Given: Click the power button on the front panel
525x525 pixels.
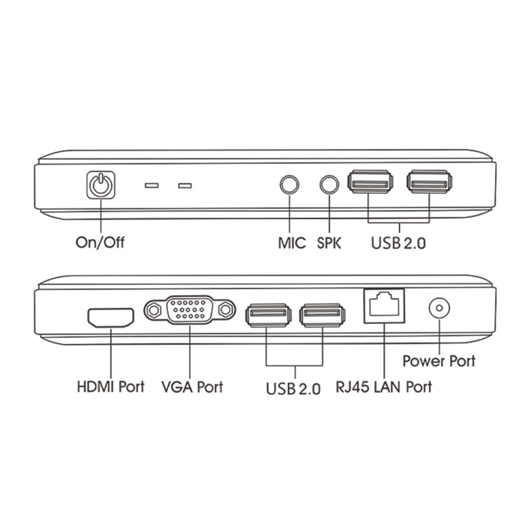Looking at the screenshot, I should tap(101, 185).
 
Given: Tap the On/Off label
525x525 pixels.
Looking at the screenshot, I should tap(100, 243).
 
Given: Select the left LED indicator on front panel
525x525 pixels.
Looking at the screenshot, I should tap(151, 186).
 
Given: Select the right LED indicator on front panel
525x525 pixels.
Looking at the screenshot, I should tap(185, 186).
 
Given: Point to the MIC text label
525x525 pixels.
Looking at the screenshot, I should tap(292, 243).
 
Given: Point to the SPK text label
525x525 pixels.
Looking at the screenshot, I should tap(331, 243).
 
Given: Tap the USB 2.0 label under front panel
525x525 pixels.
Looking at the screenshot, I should tap(400, 243).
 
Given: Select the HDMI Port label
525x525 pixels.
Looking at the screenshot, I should tap(111, 386).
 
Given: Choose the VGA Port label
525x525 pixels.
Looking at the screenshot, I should tap(192, 386).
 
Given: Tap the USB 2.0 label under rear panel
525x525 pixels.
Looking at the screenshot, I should tap(293, 388).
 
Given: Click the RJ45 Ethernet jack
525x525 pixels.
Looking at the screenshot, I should tap(384, 307).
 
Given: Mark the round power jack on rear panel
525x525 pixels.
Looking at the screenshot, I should tap(439, 308).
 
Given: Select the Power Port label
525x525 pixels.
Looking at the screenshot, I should tap(439, 361).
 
